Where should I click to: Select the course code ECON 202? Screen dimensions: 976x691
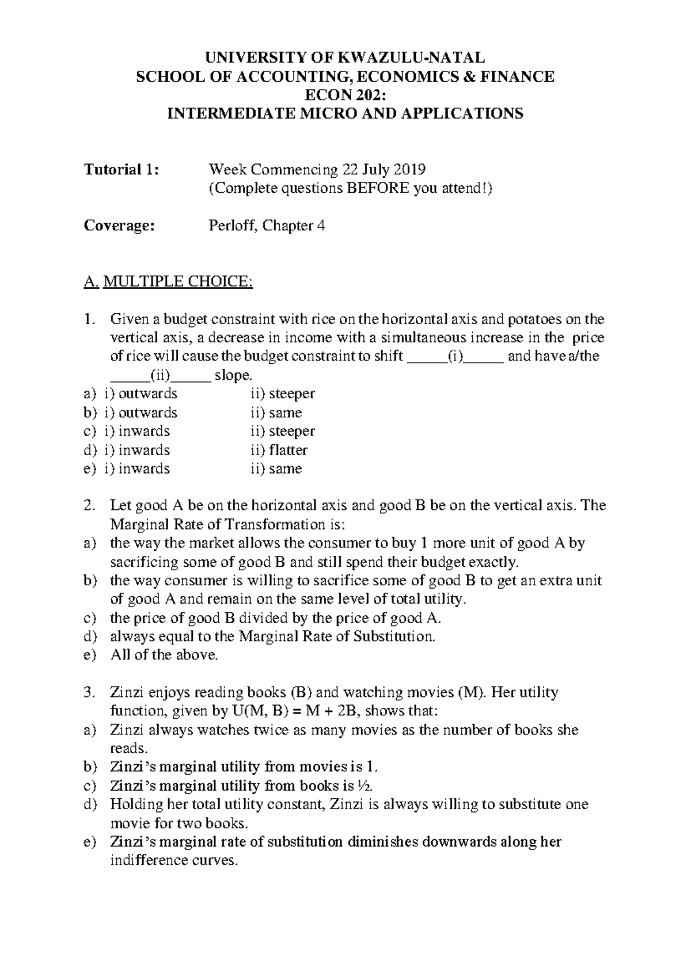(x=345, y=95)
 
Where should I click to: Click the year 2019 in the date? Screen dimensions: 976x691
(x=409, y=170)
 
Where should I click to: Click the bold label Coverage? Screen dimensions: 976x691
(x=119, y=226)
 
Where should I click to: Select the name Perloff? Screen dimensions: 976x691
(x=232, y=226)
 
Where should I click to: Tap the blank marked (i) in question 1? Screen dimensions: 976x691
(x=455, y=356)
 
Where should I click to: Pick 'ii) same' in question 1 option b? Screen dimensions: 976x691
(x=276, y=413)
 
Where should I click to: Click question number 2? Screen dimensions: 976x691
(x=88, y=506)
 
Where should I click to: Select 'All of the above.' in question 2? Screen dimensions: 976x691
(x=164, y=655)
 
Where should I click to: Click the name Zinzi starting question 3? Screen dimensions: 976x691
(x=126, y=693)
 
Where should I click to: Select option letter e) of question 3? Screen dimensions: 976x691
(x=89, y=842)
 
